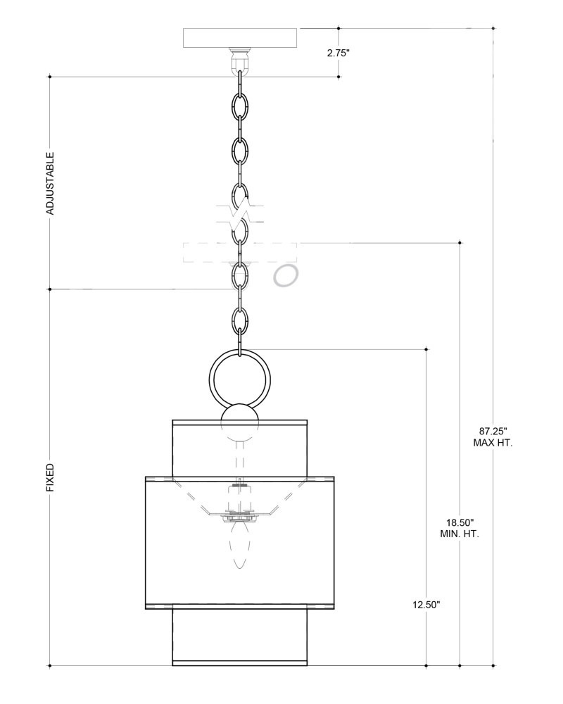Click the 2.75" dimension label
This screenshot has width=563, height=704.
[338, 53]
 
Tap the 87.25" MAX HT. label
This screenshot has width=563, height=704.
[493, 437]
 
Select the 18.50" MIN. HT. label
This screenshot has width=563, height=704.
[460, 528]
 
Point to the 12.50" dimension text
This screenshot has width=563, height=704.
[426, 605]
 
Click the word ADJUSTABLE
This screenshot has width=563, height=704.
[50, 183]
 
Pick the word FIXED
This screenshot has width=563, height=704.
[50, 478]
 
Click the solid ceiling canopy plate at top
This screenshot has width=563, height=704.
[240, 38]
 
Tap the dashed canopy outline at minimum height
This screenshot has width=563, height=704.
[240, 252]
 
